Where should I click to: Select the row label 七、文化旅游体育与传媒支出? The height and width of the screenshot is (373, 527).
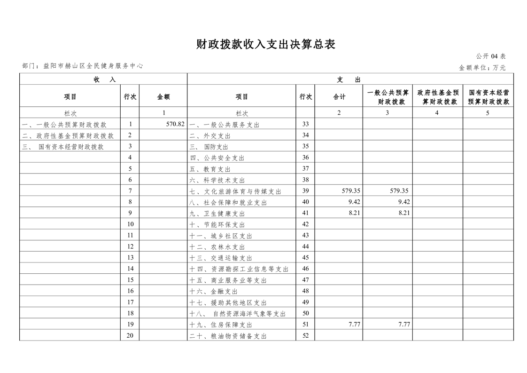(x=235, y=191)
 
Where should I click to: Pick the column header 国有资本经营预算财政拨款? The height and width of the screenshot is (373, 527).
(x=488, y=96)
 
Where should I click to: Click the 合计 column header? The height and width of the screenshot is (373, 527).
(x=339, y=96)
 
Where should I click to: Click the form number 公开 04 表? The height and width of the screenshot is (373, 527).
(x=490, y=56)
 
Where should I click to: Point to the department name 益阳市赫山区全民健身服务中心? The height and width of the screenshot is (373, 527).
(x=93, y=66)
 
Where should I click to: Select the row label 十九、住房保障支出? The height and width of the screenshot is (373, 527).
(x=221, y=325)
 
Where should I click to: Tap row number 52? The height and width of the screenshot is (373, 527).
(x=305, y=336)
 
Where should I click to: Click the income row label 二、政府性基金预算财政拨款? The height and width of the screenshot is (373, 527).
(x=68, y=136)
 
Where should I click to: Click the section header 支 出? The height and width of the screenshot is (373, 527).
(x=349, y=79)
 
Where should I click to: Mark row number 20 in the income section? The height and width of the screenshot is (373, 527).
(x=130, y=336)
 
